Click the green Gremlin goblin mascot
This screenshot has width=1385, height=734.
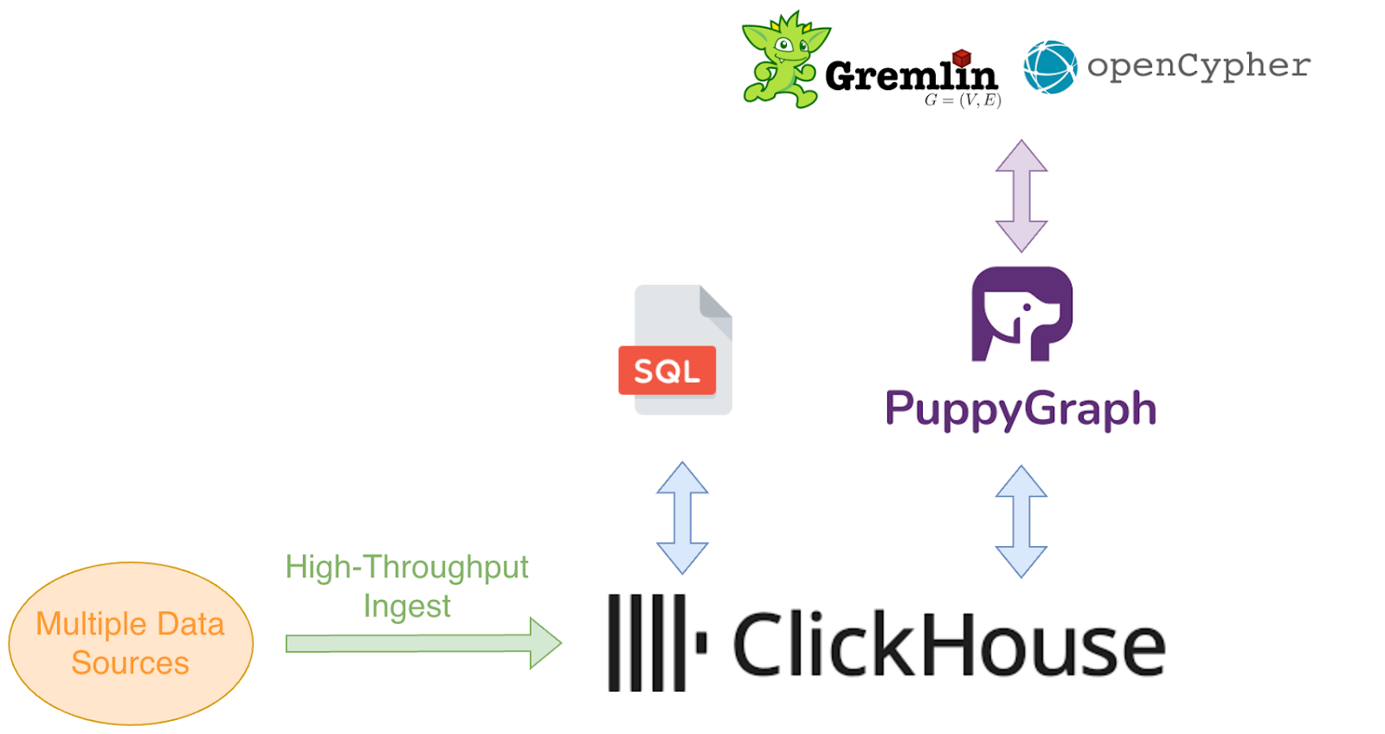coord(782,61)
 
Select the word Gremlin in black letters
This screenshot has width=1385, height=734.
coord(909,76)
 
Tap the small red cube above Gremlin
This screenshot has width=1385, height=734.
coord(961,57)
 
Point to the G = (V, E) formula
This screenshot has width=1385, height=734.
coord(963,100)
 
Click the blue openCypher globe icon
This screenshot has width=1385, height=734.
coord(1049,67)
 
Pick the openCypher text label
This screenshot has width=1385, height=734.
coord(1199,66)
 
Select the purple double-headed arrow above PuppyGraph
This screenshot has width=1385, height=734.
coord(1021,196)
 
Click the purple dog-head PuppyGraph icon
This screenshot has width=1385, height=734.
coord(1021,313)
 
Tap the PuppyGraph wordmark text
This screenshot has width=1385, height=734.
coord(1020,409)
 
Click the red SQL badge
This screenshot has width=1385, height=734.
coord(667,370)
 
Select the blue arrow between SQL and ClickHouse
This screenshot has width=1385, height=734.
coord(682,518)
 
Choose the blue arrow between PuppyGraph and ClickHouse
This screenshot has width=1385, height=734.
coord(1021,521)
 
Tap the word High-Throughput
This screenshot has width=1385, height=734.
coord(407,567)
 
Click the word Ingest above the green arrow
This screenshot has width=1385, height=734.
coord(407,606)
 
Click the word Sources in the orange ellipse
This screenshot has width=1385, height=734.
coord(130,663)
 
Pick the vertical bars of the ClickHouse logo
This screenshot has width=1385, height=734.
coord(647,642)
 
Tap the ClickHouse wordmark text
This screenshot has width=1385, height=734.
coord(949,645)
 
